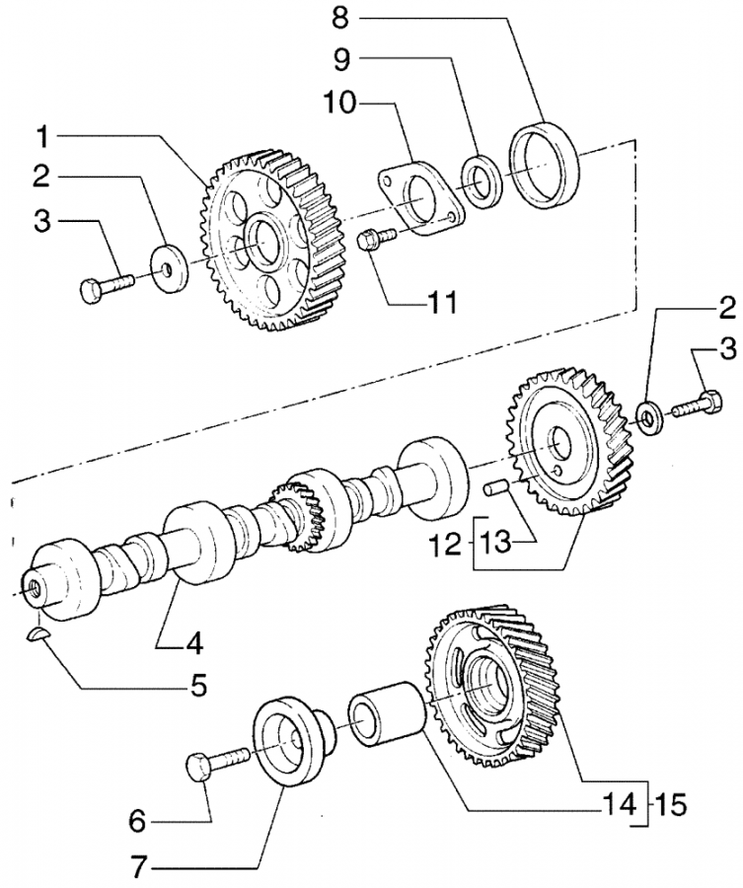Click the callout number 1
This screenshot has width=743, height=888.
pyautogui.click(x=44, y=138)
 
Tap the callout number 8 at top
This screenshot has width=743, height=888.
pyautogui.click(x=339, y=18)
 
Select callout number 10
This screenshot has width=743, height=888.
pyautogui.click(x=339, y=103)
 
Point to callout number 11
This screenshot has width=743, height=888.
pyautogui.click(x=442, y=303)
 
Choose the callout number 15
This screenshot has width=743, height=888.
pyautogui.click(x=671, y=804)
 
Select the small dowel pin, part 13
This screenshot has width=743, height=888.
pyautogui.click(x=495, y=487)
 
